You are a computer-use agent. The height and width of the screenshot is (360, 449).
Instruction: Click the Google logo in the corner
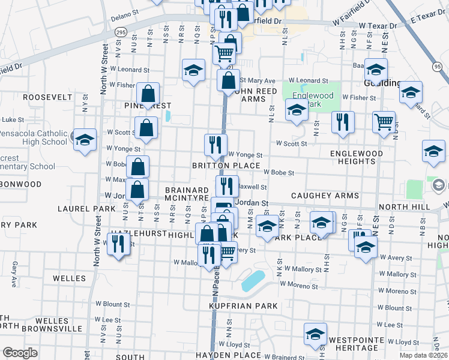click(x=20, y=353)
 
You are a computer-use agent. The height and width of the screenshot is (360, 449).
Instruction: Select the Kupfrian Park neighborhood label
click(x=243, y=306)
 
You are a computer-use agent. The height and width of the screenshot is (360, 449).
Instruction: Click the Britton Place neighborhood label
click(x=226, y=166)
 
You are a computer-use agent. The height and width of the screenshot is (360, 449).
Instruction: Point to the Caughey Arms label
click(x=325, y=196)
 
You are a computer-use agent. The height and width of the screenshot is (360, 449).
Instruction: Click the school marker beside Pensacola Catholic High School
click(x=85, y=140)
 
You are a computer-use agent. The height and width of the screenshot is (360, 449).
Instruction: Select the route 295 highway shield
click(x=121, y=32)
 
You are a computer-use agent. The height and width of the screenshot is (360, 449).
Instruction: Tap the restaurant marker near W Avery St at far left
click(x=118, y=243)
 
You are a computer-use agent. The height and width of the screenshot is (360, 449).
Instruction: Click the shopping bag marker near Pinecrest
click(x=148, y=94)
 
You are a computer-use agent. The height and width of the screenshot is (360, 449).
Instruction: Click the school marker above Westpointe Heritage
click(x=315, y=334)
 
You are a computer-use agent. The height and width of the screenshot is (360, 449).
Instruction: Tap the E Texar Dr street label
click(x=428, y=20)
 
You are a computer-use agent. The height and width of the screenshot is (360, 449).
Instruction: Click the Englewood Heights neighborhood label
click(x=357, y=157)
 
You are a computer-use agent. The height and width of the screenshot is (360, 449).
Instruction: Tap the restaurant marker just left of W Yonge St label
click(x=215, y=145)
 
